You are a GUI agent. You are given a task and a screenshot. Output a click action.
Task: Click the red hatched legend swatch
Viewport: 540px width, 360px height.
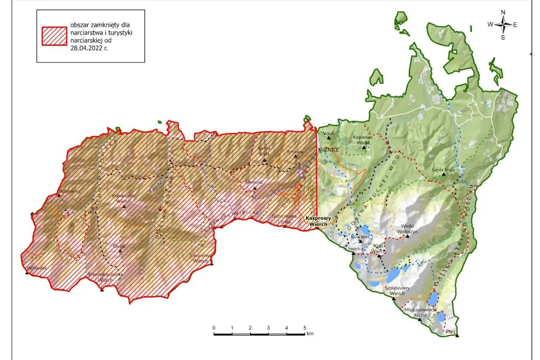(x=54, y=36)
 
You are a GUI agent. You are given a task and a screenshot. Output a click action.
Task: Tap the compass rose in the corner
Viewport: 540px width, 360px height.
(x=503, y=25)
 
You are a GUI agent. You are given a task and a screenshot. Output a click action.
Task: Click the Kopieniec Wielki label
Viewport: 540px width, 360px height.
(x=363, y=139)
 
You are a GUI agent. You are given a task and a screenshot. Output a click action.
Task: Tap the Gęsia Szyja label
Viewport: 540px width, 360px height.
(x=443, y=170)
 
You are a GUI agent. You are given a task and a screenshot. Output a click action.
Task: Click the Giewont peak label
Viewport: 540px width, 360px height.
(x=253, y=182)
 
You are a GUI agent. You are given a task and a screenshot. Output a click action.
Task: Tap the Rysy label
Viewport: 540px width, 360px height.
(x=450, y=332)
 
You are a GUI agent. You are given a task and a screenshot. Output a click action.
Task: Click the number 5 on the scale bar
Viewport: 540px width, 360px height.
(x=305, y=327)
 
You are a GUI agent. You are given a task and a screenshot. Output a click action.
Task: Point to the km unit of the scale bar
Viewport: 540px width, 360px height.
(x=310, y=334)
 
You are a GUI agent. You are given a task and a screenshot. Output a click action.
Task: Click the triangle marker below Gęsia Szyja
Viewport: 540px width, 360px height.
(x=444, y=175)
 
